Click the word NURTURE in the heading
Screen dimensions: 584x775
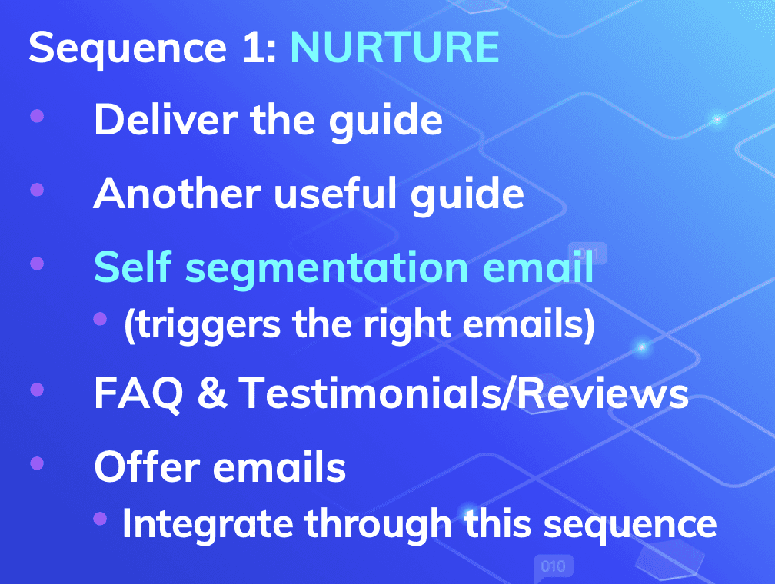394,48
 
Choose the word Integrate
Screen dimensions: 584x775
208,524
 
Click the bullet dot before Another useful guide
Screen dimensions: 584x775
36,190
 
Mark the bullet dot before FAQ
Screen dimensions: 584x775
36,390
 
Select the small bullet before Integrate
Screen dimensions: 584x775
99,520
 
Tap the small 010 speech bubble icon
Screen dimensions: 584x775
553,568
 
